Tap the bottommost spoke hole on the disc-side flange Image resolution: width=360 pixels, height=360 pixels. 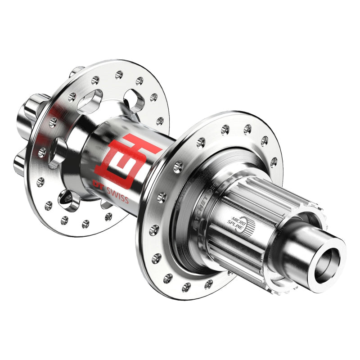(85, 224)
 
